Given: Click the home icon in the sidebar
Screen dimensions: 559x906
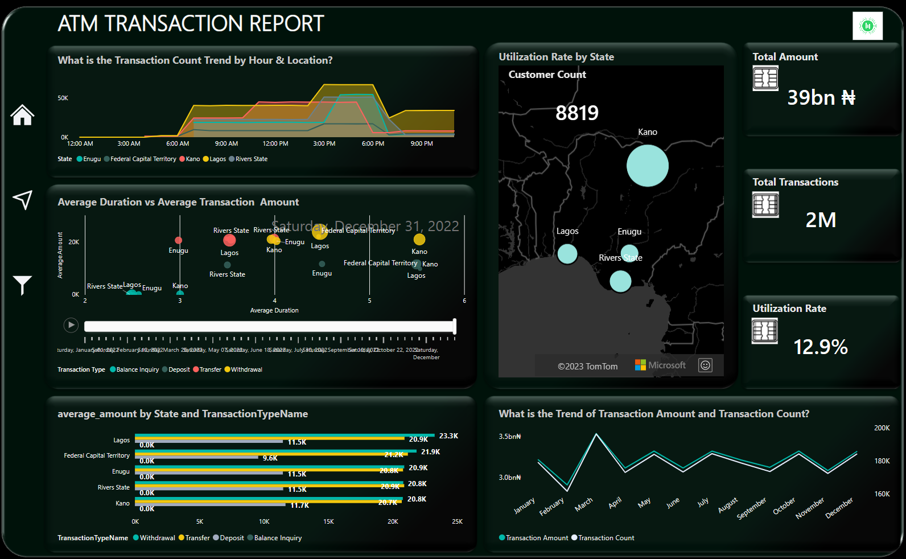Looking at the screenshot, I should point(22,115).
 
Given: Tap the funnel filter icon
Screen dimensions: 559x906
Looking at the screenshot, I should point(22,285).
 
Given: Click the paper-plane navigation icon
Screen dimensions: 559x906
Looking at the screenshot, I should point(22,200).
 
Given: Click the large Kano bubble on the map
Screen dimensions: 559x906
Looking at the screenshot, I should point(647,166).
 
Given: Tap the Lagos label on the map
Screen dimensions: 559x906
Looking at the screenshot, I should point(567,231).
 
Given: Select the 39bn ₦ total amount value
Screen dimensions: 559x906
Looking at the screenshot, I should point(821,97).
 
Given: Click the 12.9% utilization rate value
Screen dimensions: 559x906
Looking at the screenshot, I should point(820,347).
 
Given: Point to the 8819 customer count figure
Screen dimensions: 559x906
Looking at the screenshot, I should point(576,113).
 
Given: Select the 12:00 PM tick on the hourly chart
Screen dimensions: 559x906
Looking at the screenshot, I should point(275,144).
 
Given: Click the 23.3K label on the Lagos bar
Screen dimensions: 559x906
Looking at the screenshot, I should point(448,436).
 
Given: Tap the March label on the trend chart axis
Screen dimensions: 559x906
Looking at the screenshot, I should point(584,504).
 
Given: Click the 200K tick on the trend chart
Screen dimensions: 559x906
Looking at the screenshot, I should point(882,428).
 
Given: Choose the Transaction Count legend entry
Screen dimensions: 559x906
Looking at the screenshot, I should point(606,538).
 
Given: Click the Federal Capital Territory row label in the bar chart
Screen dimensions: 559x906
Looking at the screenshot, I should point(97,456).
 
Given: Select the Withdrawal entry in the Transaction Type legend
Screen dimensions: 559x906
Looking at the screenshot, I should point(246,370).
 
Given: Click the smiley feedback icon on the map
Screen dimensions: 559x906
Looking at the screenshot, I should point(705,365).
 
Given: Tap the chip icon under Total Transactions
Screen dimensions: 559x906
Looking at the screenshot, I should point(765,205).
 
